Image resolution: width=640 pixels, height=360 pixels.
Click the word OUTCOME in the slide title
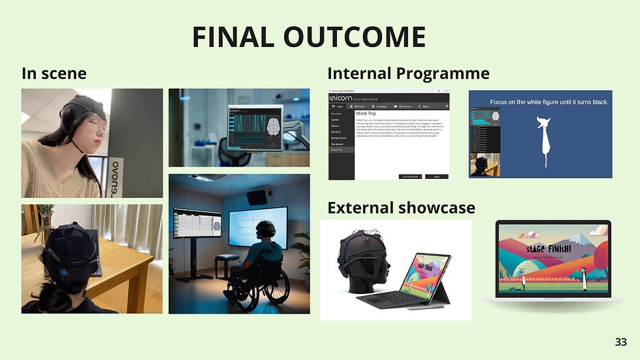click(x=349, y=38)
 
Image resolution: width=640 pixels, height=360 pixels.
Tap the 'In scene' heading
click(x=54, y=73)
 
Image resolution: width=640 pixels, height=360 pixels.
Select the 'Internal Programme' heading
click(x=408, y=73)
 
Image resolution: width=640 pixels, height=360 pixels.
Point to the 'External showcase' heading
click(x=401, y=208)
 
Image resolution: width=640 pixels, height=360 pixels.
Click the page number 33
click(x=620, y=342)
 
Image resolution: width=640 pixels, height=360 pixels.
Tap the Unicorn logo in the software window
click(x=341, y=96)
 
